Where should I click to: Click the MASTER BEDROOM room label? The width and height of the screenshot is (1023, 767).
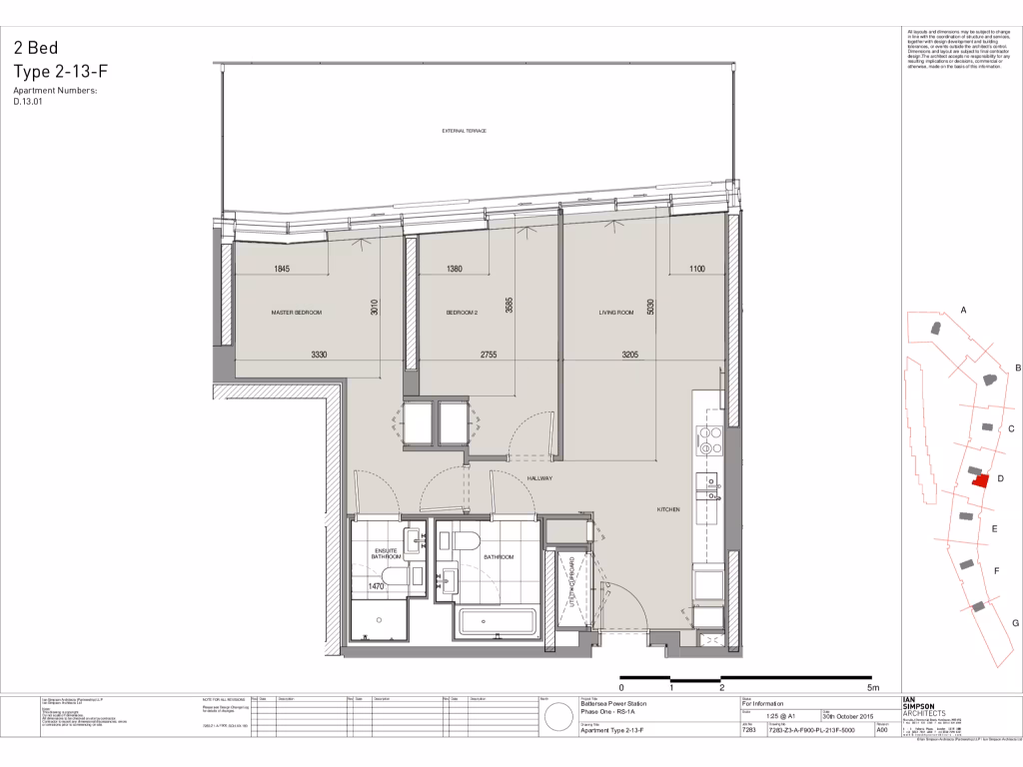(297, 313)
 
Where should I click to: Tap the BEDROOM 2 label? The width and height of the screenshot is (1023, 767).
(462, 313)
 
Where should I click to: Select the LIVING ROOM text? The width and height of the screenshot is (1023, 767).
(616, 313)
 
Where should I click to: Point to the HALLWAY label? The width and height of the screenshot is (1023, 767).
(539, 479)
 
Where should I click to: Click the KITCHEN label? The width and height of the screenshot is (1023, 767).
(668, 509)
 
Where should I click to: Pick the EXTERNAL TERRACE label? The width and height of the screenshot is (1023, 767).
(464, 131)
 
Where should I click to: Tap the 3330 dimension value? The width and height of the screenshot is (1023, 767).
(319, 355)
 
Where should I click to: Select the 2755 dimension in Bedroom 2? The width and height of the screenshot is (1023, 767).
(489, 355)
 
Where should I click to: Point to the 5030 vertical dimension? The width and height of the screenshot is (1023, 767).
(650, 306)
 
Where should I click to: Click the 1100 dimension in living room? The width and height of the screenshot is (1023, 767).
(695, 269)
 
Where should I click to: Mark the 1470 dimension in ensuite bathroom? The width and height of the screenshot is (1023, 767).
(377, 586)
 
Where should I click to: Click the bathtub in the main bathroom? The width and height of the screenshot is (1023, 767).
(497, 625)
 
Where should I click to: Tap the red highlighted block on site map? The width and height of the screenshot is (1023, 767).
(979, 479)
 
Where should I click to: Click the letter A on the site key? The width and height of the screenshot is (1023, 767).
(964, 311)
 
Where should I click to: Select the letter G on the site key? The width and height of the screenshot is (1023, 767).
(1015, 622)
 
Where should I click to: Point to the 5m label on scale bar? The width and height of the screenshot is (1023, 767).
(872, 688)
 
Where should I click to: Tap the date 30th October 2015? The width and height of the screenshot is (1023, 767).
(847, 716)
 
